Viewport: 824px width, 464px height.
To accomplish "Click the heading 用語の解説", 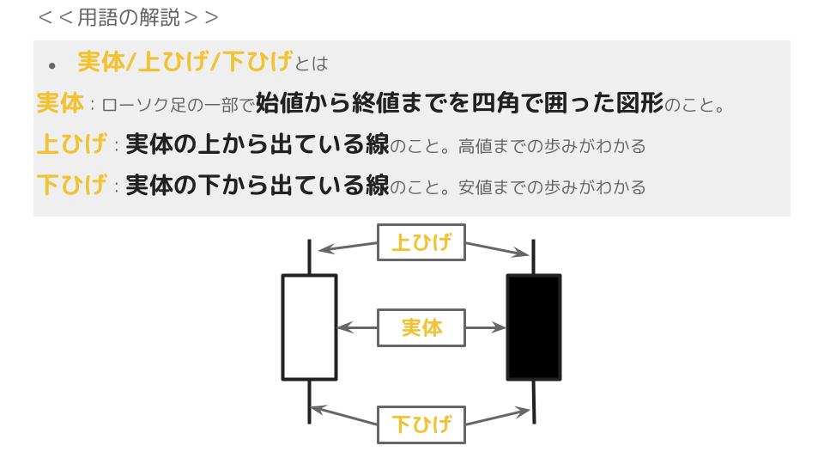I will coord(129,17).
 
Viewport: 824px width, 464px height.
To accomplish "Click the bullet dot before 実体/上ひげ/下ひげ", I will coord(52,65).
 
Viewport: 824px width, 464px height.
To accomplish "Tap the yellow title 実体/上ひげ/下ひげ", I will coord(185,62).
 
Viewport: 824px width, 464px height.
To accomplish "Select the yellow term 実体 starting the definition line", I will coord(60,104).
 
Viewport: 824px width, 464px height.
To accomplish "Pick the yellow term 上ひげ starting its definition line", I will coord(72,144).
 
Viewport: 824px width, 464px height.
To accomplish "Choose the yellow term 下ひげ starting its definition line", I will coord(72,185).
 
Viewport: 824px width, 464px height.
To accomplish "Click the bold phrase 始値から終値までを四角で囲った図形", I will coord(459,104).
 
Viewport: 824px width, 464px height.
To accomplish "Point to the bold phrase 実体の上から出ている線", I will coord(257,144).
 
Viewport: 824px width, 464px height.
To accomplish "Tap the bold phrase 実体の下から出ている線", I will coord(257,185).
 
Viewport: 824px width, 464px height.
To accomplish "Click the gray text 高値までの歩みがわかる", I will coord(552,146).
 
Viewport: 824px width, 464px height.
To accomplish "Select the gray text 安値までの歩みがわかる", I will coord(552,186).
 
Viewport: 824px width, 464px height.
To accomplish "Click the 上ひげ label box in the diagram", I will coord(421,242).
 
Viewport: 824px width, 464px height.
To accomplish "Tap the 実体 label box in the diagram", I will coord(421,327).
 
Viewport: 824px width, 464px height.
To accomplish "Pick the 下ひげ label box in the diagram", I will coord(421,424).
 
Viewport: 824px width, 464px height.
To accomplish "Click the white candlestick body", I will coord(309,327).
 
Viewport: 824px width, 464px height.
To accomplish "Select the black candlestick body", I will coord(534,327).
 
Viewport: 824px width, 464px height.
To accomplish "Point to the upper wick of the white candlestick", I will coord(309,257).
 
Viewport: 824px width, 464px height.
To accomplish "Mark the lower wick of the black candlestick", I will coord(535,401).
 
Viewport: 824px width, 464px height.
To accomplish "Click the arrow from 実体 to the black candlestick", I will coord(486,327).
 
